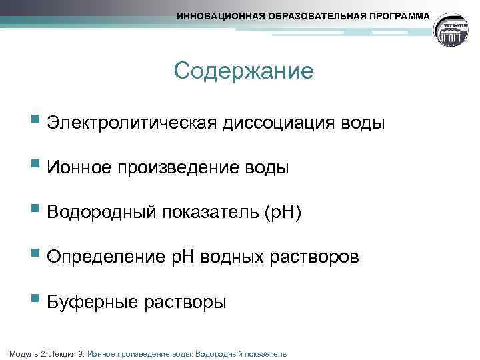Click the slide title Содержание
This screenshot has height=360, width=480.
click(243, 71)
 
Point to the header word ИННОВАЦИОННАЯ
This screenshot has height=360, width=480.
click(217, 15)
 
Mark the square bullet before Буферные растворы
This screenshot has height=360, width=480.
click(36, 301)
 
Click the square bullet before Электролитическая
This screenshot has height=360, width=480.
click(36, 123)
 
